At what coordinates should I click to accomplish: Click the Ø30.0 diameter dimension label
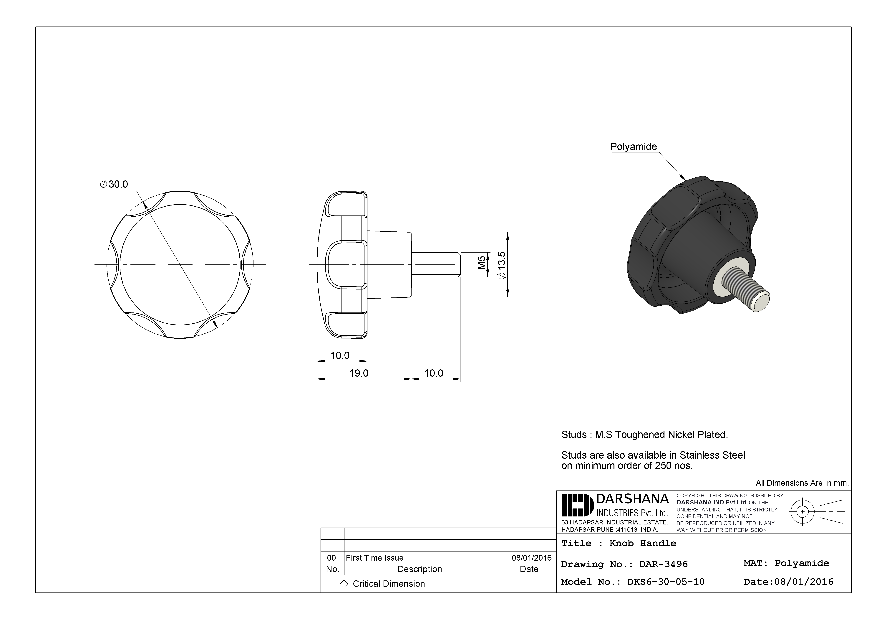pos(114,185)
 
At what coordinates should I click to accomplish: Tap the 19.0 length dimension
pos(359,373)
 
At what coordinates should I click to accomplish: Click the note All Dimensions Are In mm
pos(802,483)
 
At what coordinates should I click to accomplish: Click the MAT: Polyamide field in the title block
pos(786,563)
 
